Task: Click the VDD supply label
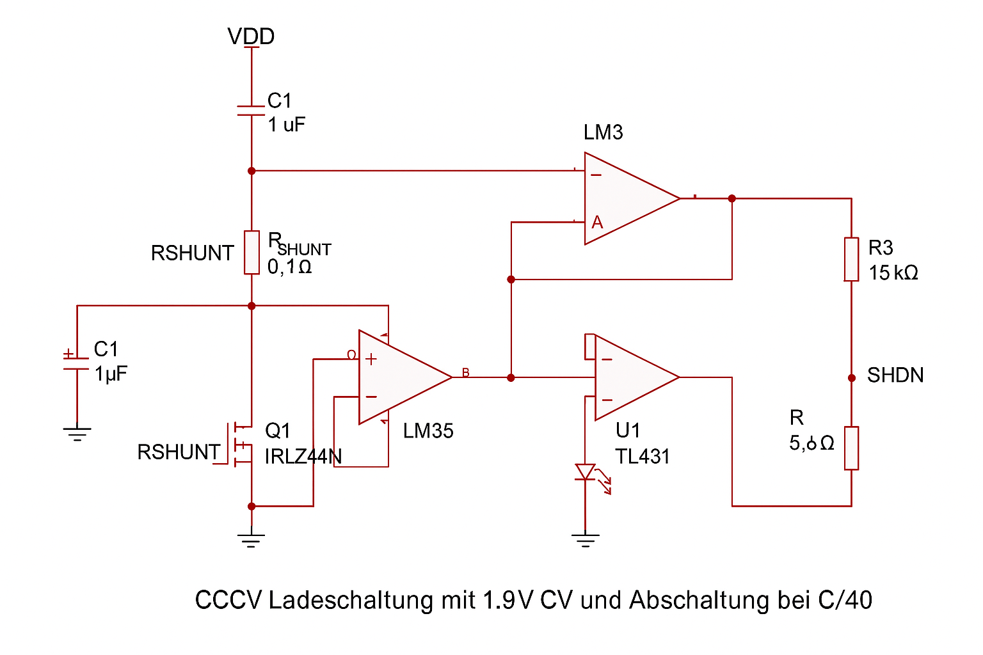coord(251,36)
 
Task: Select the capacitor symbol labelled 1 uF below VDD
coord(251,111)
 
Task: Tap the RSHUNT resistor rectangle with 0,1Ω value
coord(252,253)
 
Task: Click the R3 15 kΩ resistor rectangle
coord(851,259)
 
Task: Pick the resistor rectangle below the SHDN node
coord(851,448)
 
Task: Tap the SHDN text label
coord(895,375)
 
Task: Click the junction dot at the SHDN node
coord(852,378)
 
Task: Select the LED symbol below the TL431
coord(585,473)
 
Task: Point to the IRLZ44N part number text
coord(303,457)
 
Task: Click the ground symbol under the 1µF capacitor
coord(77,434)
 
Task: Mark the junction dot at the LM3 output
coord(732,198)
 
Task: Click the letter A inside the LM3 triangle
coord(597,223)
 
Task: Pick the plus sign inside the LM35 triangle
coord(371,359)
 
